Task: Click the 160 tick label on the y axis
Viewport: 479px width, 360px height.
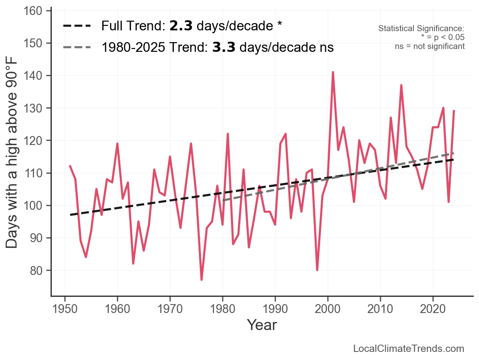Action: coord(36,11)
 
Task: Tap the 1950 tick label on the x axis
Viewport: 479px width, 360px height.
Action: coord(65,309)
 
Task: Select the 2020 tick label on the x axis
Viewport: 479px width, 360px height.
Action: coord(433,309)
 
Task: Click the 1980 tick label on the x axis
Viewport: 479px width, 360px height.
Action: coord(223,309)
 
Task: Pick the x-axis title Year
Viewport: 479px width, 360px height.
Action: coord(262,325)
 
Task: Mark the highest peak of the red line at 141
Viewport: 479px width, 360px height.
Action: coord(333,72)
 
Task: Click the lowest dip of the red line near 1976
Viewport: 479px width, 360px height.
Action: coord(201,279)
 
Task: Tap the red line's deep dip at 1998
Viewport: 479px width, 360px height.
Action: coord(317,270)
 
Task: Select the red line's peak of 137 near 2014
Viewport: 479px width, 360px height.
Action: coord(401,85)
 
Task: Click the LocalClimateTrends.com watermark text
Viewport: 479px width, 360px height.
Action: coord(409,349)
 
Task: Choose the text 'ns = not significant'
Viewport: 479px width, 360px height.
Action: coord(430,46)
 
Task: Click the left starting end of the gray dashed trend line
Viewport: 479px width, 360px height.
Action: coord(223,200)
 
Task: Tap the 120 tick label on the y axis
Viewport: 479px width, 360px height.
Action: coord(36,141)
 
